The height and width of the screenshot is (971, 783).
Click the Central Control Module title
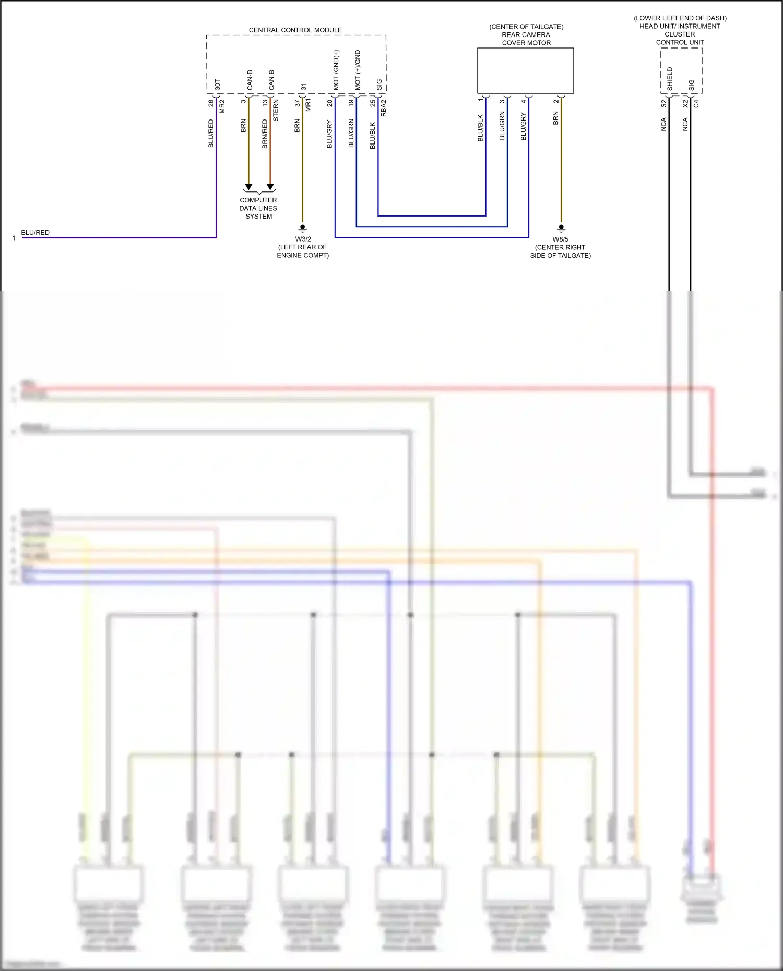tap(295, 30)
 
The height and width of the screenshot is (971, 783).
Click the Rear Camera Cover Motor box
tap(525, 71)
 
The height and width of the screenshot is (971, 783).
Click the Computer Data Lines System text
tap(258, 208)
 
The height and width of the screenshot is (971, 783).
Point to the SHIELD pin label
tap(670, 79)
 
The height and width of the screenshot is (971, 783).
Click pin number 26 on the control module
tap(211, 103)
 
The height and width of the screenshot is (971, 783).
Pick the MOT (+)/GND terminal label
tap(358, 70)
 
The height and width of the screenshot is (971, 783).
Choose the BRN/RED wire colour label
tap(265, 134)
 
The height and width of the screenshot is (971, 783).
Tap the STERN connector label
tap(276, 110)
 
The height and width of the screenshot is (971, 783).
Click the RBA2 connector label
tap(384, 108)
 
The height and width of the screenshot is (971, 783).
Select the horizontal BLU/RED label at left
tap(35, 233)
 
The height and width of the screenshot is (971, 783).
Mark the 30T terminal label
tap(218, 85)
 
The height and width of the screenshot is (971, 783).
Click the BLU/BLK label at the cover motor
tap(480, 128)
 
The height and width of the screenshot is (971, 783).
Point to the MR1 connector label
tap(308, 104)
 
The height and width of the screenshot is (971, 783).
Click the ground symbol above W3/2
tap(302, 228)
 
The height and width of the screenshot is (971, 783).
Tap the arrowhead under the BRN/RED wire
tap(270, 187)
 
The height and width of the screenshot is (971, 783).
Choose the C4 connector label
tap(696, 104)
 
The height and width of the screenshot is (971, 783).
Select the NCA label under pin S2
tap(663, 124)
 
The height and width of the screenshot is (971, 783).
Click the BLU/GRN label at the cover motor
tap(502, 126)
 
